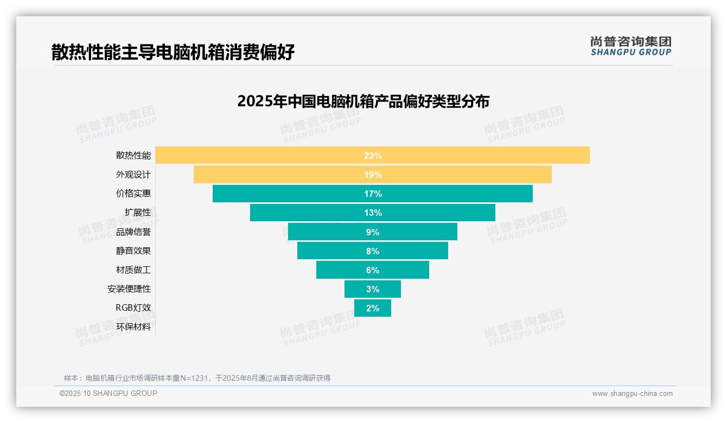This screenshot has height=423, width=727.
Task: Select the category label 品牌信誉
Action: pyautogui.click(x=133, y=232)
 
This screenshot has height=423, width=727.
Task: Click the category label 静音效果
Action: pyautogui.click(x=133, y=251)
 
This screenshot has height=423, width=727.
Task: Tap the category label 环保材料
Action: pyautogui.click(x=133, y=327)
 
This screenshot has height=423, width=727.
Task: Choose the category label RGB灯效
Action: pyautogui.click(x=133, y=308)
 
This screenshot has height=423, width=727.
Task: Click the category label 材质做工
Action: pyautogui.click(x=133, y=270)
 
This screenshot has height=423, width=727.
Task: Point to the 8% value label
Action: pyautogui.click(x=373, y=251)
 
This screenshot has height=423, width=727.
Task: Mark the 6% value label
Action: pyautogui.click(x=373, y=270)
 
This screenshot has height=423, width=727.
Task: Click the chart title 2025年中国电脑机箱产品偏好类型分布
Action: pyautogui.click(x=363, y=101)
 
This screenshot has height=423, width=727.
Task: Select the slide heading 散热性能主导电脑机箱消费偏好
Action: pyautogui.click(x=173, y=53)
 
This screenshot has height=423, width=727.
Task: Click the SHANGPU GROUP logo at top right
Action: pyautogui.click(x=630, y=46)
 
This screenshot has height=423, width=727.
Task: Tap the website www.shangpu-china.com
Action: pyautogui.click(x=632, y=394)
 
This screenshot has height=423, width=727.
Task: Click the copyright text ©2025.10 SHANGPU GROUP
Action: pyautogui.click(x=109, y=394)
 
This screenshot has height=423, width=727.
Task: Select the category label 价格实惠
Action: pyautogui.click(x=133, y=194)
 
